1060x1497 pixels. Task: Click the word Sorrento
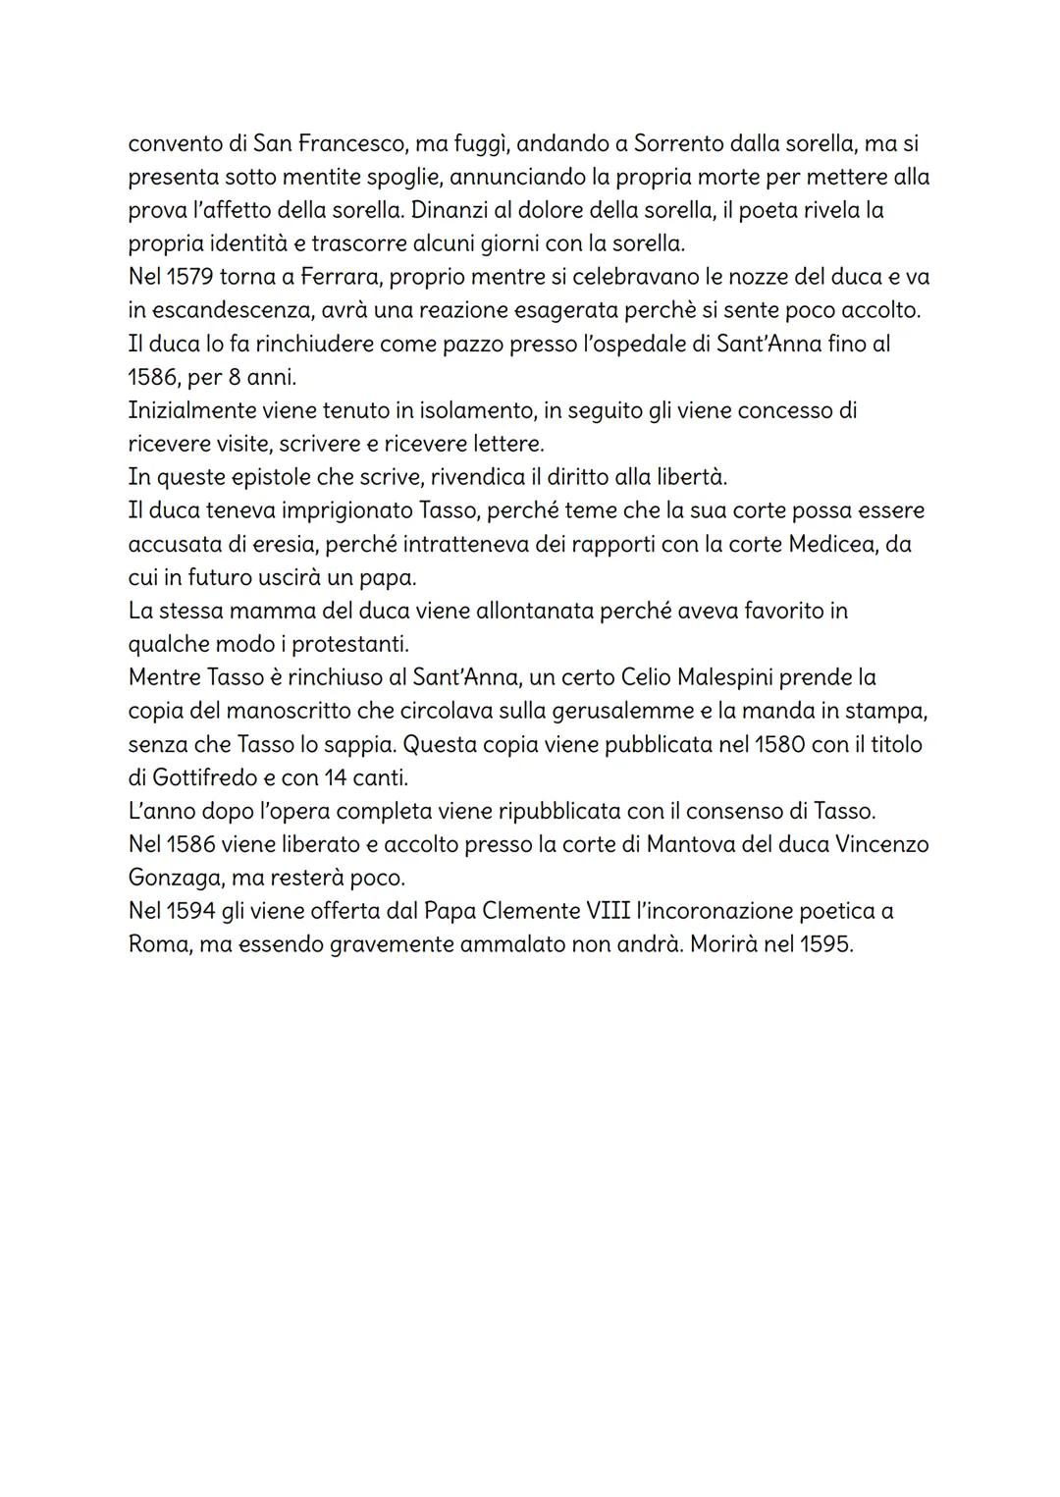tap(679, 143)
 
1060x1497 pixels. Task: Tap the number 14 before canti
tap(336, 777)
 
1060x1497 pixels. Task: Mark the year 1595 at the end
tap(825, 944)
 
